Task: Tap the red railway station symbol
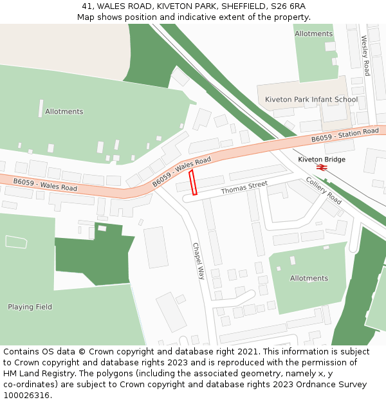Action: [322, 167]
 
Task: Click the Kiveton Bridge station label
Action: [322, 160]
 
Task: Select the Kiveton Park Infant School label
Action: [311, 100]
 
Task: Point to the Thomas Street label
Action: [244, 188]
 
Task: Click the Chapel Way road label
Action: [198, 260]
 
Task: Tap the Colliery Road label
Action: [324, 190]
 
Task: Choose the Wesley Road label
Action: [365, 55]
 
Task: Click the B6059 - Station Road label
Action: [345, 135]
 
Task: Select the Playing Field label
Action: [30, 307]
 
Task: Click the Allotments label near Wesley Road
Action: [313, 33]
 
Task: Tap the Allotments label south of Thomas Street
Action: [309, 279]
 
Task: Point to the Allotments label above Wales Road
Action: [64, 111]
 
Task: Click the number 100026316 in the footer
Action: [26, 395]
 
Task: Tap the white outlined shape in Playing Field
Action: [16, 242]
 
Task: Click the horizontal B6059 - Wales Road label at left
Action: [45, 185]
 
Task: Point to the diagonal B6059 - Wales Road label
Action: [181, 172]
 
